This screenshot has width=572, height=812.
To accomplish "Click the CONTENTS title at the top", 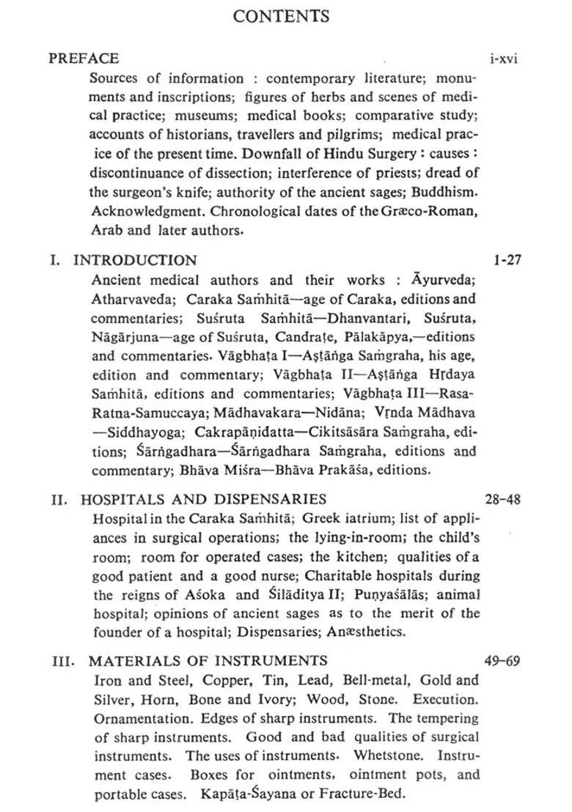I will tap(281, 16).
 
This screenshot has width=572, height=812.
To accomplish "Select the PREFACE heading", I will tap(84, 58).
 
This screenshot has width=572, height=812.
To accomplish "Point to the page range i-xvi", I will tap(503, 59).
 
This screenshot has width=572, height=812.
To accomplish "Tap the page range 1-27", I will tap(507, 259).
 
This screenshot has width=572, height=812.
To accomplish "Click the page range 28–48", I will tap(502, 499).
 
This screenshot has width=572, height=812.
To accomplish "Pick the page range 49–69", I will tap(502, 660).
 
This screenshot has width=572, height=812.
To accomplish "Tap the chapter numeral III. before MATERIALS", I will tap(63, 661).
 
